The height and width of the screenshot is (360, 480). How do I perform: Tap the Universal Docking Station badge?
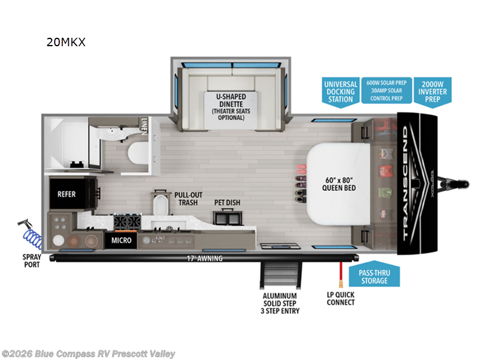pyautogui.click(x=340, y=91)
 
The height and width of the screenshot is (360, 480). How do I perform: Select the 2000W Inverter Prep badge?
pyautogui.click(x=433, y=91)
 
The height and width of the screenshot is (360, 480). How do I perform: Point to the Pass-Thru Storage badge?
pyautogui.click(x=374, y=277)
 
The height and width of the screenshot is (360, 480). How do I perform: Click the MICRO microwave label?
pyautogui.click(x=121, y=241)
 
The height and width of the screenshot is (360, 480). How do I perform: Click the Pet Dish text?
pyautogui.click(x=227, y=203)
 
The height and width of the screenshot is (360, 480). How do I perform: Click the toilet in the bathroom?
pyautogui.click(x=136, y=153)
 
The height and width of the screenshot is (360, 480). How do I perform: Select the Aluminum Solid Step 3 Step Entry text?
pyautogui.click(x=280, y=303)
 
